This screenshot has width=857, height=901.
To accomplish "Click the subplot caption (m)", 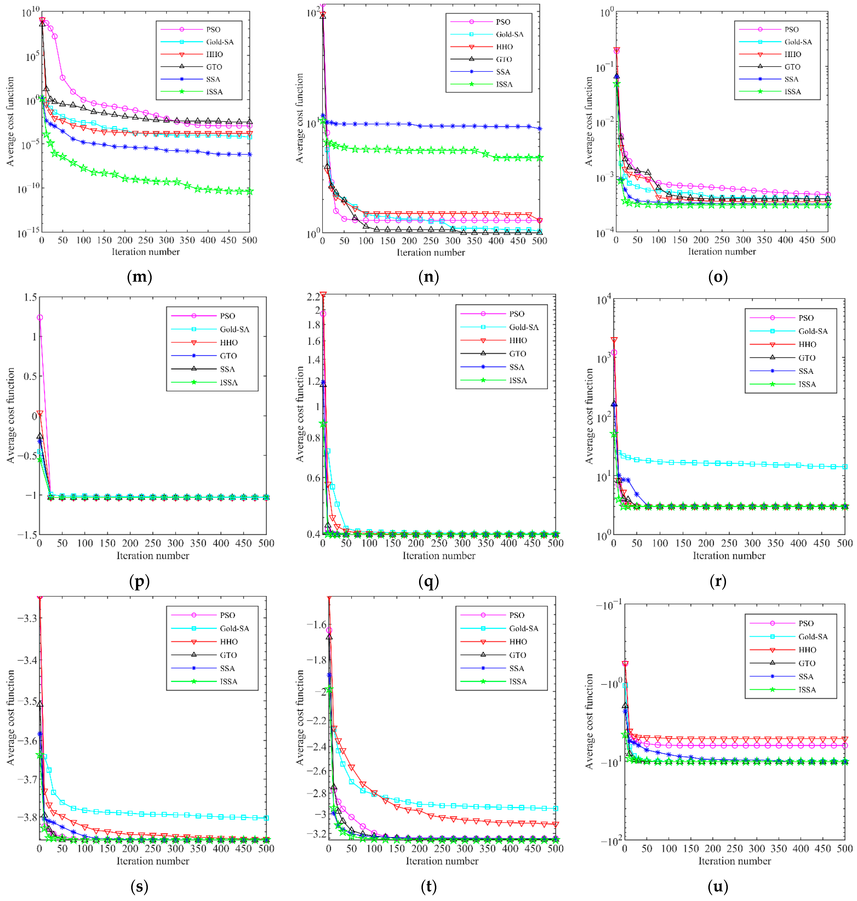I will [x=139, y=277].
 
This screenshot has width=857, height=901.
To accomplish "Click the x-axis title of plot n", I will [x=431, y=252].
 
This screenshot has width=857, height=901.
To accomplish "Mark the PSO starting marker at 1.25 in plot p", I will [x=40, y=318].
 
